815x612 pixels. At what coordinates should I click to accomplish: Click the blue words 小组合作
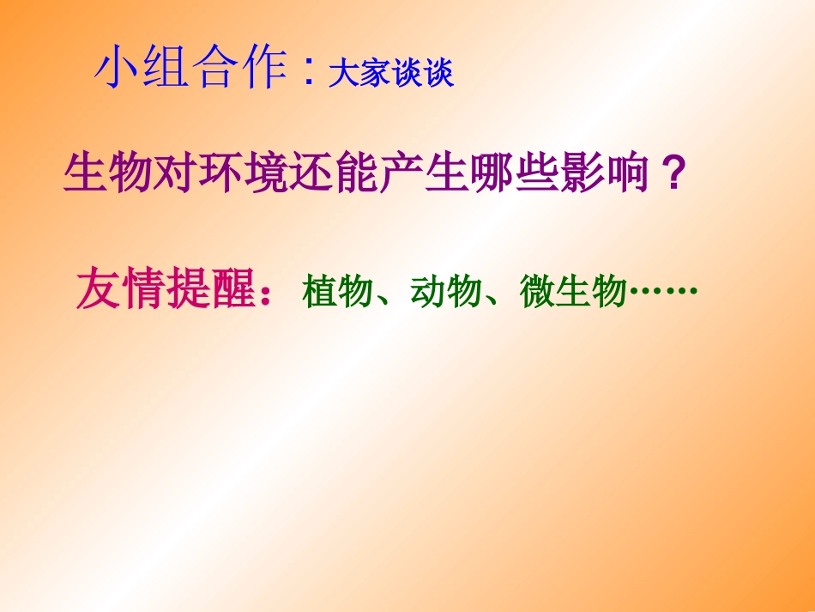pos(190,70)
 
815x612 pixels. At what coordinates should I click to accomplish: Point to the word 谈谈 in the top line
pos(422,74)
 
